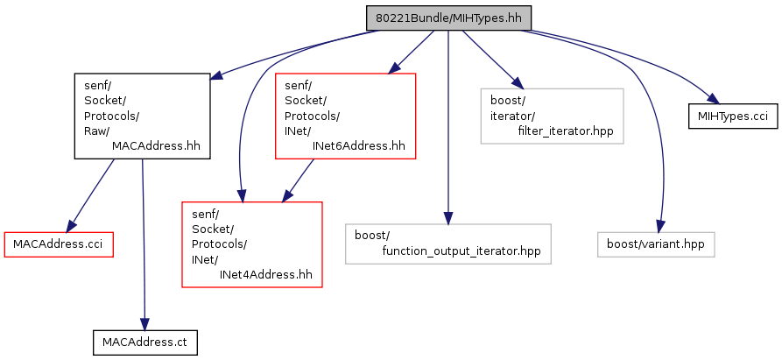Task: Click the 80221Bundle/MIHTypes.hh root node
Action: click(449, 18)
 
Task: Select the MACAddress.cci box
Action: click(60, 244)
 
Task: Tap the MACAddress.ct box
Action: click(145, 342)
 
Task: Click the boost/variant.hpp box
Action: click(656, 244)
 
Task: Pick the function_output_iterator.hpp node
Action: click(448, 244)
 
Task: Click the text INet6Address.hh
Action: click(358, 146)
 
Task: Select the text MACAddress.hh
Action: click(156, 146)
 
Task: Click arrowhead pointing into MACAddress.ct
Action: click(144, 325)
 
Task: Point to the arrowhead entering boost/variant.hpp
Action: click(660, 226)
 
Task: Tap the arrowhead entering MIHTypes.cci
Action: click(712, 99)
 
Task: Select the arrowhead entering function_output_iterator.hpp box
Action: click(448, 218)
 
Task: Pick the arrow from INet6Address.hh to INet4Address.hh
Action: click(299, 181)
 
